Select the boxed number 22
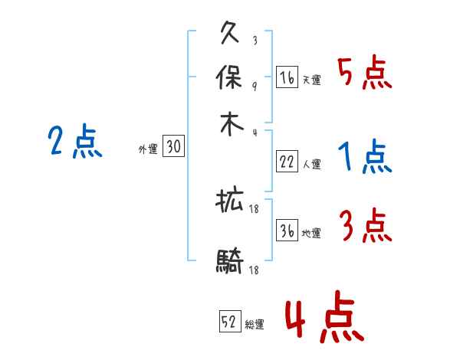[287, 161]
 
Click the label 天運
[311, 80]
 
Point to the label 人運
[311, 164]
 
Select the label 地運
[311, 233]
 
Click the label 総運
[255, 325]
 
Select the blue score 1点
[365, 157]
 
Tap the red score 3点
[365, 226]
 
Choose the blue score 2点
[75, 142]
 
